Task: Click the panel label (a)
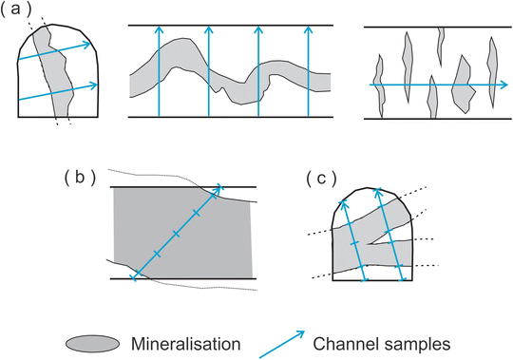click(20, 12)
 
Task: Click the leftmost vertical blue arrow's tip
click(159, 29)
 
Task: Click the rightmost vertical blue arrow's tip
click(307, 29)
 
